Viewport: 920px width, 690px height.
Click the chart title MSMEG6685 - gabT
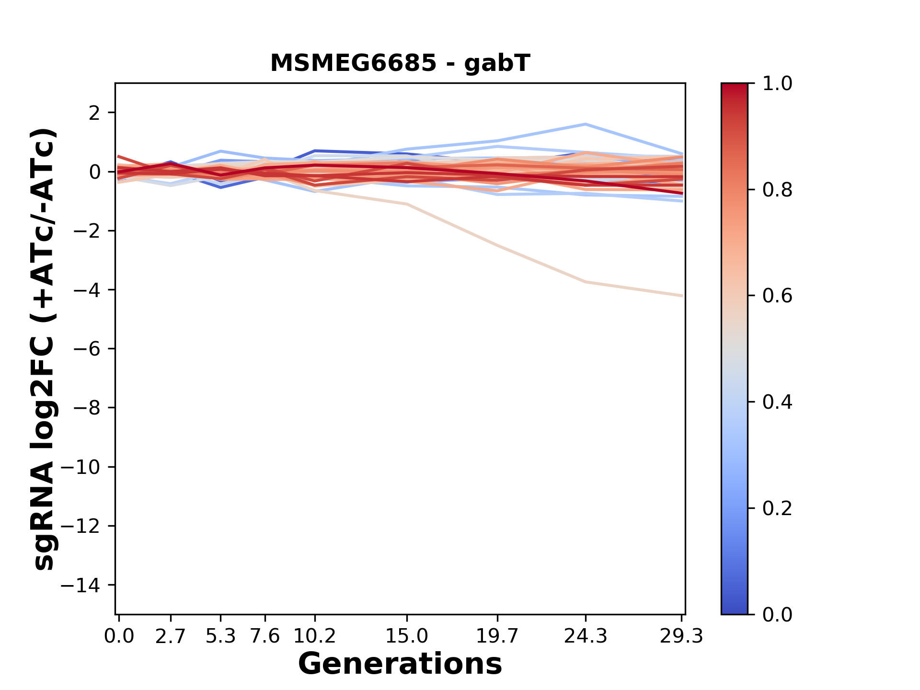tap(400, 63)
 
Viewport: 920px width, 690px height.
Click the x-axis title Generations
tap(400, 664)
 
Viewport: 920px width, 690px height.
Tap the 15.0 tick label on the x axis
tap(407, 636)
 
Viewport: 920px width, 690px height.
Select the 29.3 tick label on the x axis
tap(681, 636)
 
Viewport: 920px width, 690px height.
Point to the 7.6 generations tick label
tap(265, 636)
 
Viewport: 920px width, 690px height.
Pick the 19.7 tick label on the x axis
tap(498, 636)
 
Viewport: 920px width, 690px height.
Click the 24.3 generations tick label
tap(586, 636)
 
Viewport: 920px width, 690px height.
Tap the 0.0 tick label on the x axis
tap(119, 636)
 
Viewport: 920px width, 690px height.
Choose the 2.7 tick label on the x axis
tap(171, 636)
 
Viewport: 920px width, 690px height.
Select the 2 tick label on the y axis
tap(94, 113)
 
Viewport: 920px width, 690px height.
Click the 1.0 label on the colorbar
tap(777, 84)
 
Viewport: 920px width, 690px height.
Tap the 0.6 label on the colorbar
tap(777, 296)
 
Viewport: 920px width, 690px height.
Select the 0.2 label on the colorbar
tap(777, 508)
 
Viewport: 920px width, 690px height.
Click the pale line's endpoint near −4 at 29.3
tap(681, 296)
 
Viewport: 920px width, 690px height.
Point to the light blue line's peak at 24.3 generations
tap(586, 125)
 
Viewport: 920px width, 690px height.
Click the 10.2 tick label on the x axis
tap(315, 636)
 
